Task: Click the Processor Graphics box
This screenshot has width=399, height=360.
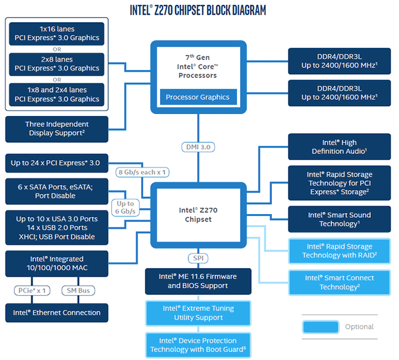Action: (x=198, y=97)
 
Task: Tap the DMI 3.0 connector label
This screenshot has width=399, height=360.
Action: (x=198, y=147)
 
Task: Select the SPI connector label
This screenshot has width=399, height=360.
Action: (x=198, y=258)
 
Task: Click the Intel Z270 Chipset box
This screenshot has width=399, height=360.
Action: (x=198, y=215)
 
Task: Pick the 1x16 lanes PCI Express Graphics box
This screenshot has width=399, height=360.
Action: (x=56, y=34)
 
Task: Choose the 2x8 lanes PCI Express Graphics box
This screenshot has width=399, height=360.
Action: (x=56, y=64)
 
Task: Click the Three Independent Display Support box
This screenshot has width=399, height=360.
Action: (x=56, y=129)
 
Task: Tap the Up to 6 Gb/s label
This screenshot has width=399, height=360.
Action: (x=125, y=208)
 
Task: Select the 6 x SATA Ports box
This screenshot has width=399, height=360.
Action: (x=56, y=191)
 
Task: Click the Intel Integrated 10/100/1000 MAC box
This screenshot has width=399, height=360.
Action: (x=56, y=263)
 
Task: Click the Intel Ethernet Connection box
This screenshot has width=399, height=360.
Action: (x=56, y=313)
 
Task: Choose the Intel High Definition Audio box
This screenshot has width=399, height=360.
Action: (x=339, y=147)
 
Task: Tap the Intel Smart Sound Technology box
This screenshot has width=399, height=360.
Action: (x=339, y=220)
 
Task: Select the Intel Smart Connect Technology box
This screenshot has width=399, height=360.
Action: (x=339, y=282)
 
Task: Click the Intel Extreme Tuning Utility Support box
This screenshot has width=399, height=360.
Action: (x=198, y=313)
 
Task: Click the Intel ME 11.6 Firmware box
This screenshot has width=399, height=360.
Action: (x=198, y=281)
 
